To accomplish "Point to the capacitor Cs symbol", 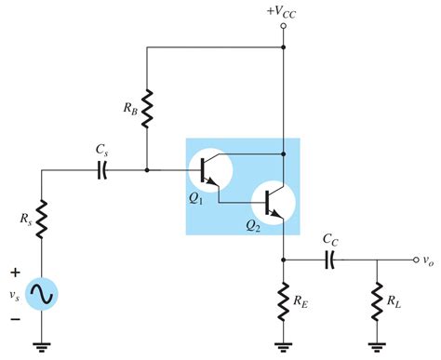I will click(x=103, y=170).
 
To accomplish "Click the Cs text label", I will click(x=103, y=149).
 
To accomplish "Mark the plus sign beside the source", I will click(x=15, y=273).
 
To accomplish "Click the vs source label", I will click(x=14, y=295).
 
